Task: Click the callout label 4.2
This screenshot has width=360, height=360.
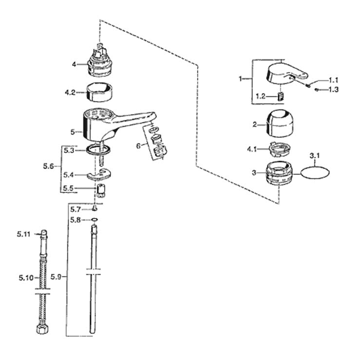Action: [x=70, y=93]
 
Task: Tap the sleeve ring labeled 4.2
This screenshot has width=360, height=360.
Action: [x=99, y=92]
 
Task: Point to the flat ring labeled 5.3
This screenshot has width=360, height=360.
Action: [x=98, y=150]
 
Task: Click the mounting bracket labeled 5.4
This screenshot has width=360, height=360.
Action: [x=99, y=174]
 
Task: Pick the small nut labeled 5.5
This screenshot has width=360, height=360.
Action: [x=100, y=190]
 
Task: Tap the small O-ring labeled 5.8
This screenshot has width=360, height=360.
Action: [x=95, y=220]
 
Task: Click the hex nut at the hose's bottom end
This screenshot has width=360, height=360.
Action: [x=42, y=328]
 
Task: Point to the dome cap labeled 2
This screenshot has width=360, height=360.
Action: [x=280, y=123]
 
